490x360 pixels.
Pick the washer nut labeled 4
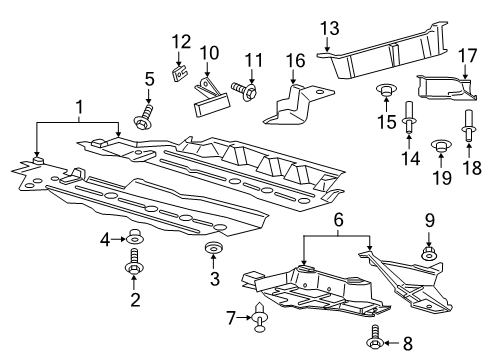(134, 239)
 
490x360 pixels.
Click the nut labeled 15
(384, 94)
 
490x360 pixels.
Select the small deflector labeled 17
(445, 87)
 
